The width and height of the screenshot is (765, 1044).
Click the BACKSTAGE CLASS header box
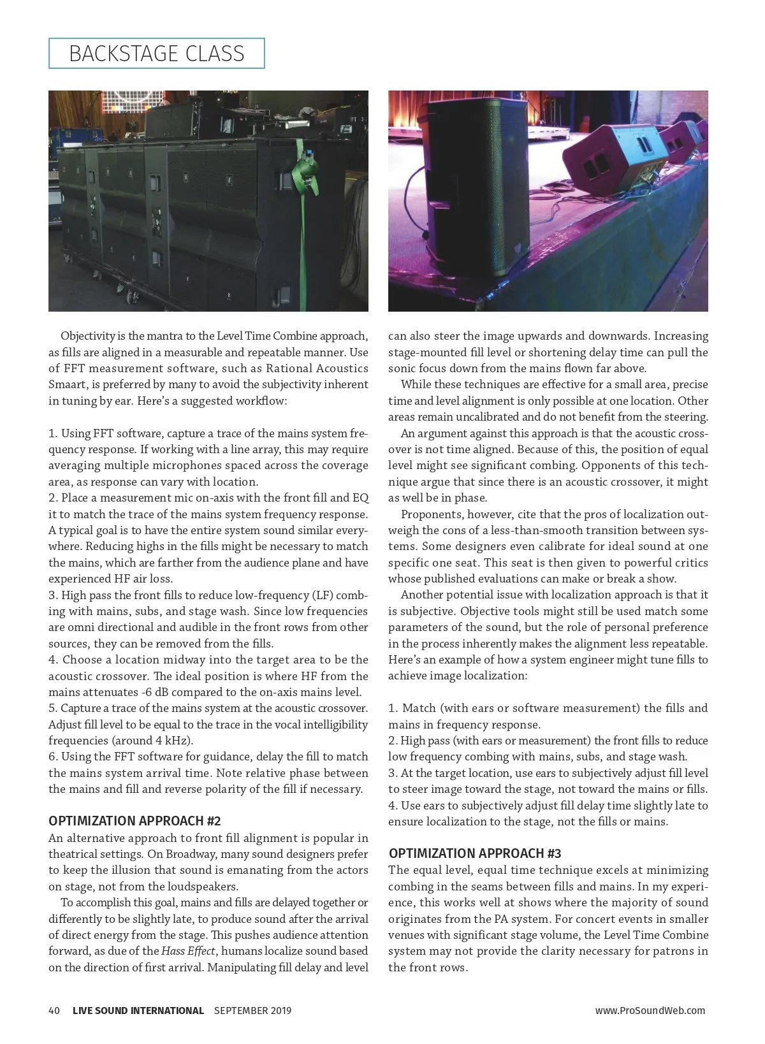pyautogui.click(x=156, y=54)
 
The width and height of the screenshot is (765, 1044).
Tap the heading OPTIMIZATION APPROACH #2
pyautogui.click(x=135, y=821)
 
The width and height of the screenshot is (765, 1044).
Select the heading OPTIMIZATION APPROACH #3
pyautogui.click(x=474, y=853)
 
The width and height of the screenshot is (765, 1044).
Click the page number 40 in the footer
pyautogui.click(x=54, y=1010)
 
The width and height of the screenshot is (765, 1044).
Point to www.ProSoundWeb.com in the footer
pyautogui.click(x=650, y=1010)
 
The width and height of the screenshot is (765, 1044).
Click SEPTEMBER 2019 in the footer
pyautogui.click(x=252, y=1010)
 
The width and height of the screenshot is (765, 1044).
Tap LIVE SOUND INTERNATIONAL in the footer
pyautogui.click(x=138, y=1010)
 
